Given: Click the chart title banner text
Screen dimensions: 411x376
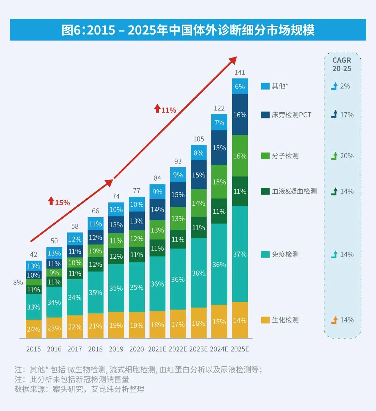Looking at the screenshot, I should click(188, 30).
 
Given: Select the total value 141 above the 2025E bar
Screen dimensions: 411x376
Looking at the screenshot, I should click(240, 72).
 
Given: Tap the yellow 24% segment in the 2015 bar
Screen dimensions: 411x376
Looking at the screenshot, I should click(33, 329).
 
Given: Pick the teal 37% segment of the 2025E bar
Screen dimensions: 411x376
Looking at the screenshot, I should click(240, 254).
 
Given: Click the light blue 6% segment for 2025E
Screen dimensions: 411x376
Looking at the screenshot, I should click(240, 86).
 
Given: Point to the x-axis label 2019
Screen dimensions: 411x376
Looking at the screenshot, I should click(116, 349).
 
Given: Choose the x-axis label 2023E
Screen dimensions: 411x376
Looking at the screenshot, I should click(198, 349).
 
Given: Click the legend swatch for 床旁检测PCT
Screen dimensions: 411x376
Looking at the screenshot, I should click(265, 115).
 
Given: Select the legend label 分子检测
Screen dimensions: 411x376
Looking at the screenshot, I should click(285, 156).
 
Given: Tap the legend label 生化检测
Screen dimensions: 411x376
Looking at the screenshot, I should click(285, 320).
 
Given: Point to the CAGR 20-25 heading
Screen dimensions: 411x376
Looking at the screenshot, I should click(342, 64).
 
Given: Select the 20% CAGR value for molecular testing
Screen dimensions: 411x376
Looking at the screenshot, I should click(347, 156).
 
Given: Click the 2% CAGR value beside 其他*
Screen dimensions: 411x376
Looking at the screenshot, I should click(345, 86).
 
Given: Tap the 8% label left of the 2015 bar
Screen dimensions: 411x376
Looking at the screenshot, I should click(18, 282).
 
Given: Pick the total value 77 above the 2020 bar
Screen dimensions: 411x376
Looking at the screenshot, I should click(137, 191).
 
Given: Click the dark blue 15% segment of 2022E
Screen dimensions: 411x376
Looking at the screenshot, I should click(178, 195).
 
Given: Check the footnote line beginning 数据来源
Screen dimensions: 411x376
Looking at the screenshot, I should click(79, 389).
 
